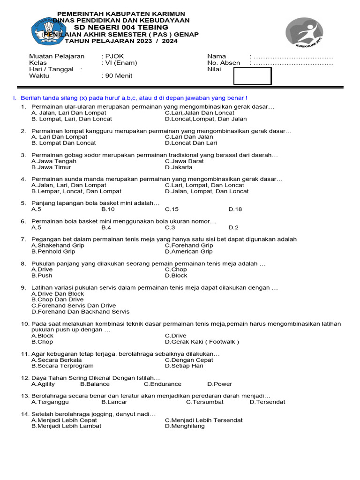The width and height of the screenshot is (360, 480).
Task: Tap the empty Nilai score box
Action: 253,76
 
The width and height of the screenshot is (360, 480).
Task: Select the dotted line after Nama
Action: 292,56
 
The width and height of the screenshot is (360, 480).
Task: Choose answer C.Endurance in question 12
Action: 162,384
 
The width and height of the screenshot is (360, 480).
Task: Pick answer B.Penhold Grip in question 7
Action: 53,251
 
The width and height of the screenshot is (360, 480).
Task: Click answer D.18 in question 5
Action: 235,210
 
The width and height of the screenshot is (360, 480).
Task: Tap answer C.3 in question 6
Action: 170,227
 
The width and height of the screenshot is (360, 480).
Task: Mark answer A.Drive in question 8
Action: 42,270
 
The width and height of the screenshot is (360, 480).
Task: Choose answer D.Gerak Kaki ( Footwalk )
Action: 202,342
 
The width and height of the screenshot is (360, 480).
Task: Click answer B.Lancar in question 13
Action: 114,402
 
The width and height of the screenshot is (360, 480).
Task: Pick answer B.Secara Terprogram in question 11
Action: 62,366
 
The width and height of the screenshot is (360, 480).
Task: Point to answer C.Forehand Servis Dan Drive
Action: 73,306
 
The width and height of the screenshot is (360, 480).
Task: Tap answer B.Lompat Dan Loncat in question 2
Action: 63,143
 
